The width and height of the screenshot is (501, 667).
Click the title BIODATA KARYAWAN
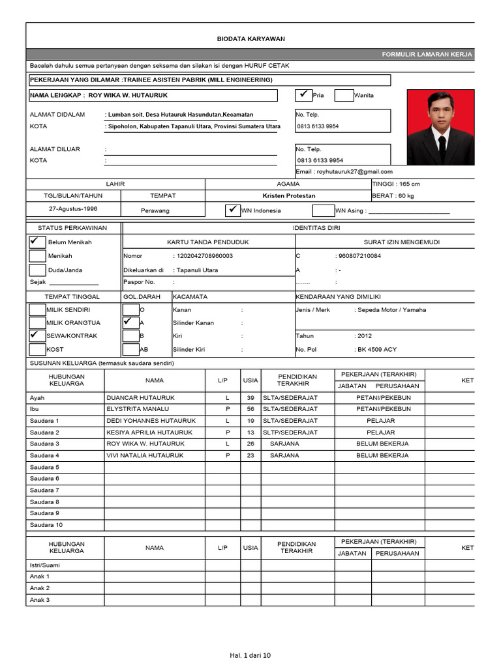250,39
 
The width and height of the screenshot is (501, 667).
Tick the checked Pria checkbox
303,95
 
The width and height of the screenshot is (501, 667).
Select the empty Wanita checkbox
344,96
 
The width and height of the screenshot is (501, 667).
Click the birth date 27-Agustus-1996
72,210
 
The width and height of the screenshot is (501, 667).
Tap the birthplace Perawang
155,210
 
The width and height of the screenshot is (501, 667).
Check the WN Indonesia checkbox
232,210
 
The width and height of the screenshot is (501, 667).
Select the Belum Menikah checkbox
37,241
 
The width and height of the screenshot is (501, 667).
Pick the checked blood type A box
130,322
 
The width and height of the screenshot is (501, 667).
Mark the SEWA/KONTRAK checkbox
37,335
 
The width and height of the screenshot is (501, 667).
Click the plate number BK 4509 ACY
376,350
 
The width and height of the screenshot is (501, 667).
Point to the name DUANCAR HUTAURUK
136,397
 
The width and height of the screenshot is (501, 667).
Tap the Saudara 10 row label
46,525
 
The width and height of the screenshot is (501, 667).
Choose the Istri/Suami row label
44,565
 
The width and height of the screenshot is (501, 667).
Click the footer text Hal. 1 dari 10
250,655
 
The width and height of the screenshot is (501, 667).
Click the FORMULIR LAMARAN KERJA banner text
427,55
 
